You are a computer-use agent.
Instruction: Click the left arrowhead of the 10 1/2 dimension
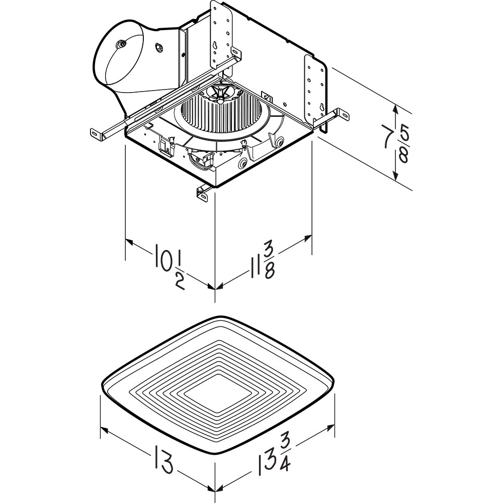tap(129, 241)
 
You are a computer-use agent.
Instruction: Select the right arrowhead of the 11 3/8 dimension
tap(307, 238)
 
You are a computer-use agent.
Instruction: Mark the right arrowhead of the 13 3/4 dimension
tap(330, 428)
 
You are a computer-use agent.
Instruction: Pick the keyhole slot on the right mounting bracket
tap(322, 108)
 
